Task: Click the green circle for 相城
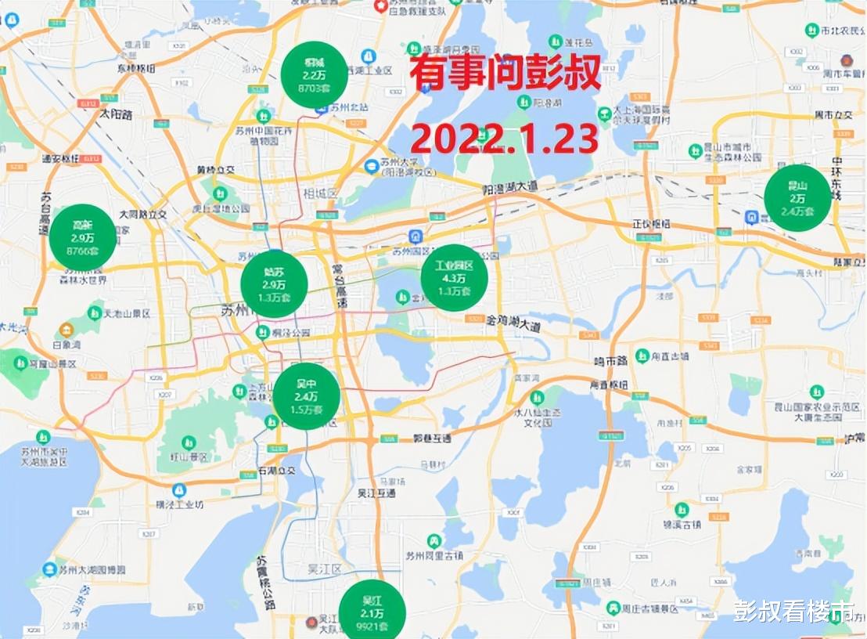[314, 74]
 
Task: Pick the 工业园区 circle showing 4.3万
[455, 278]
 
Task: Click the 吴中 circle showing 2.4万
[306, 396]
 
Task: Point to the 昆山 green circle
[797, 198]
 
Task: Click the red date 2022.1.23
[505, 139]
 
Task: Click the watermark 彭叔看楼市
[793, 611]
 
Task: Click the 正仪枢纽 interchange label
[651, 224]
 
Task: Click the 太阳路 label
[116, 114]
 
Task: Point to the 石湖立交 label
[276, 471]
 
